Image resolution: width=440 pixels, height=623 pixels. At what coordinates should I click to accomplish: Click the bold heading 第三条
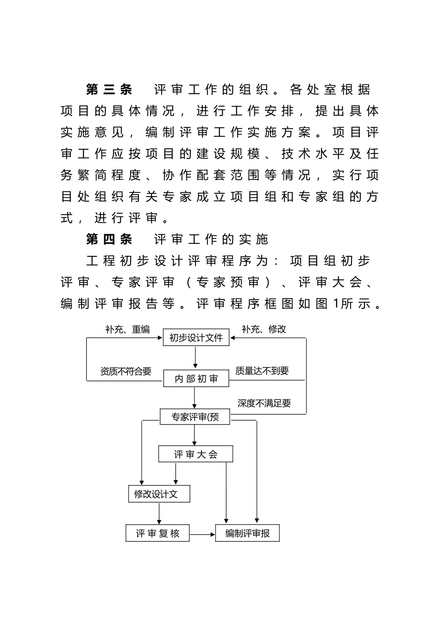(x=109, y=89)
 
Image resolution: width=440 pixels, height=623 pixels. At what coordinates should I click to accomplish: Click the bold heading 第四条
(x=109, y=239)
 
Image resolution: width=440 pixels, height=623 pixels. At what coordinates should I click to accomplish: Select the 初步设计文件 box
(x=196, y=337)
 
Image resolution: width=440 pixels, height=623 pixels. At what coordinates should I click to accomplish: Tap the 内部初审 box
(x=196, y=379)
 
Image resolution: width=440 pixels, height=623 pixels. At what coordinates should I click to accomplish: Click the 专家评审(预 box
(x=195, y=417)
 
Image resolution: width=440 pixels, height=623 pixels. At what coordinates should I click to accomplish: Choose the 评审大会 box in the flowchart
(x=195, y=454)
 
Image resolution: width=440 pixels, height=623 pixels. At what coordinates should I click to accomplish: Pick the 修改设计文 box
(x=159, y=494)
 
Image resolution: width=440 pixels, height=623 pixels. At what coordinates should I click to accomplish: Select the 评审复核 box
(x=157, y=533)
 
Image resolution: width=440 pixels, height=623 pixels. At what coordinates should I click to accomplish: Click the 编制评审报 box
(x=247, y=533)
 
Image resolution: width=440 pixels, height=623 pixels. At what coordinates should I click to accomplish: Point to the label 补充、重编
(x=127, y=330)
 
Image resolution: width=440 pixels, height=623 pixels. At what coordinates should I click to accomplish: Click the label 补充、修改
(x=264, y=329)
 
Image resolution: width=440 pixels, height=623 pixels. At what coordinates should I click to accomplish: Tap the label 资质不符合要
(x=126, y=371)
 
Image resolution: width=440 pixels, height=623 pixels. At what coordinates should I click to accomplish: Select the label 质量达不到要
(x=262, y=371)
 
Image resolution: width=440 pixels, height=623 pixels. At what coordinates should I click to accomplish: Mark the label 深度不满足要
(x=264, y=403)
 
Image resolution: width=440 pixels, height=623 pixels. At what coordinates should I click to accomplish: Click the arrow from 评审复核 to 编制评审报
(x=202, y=534)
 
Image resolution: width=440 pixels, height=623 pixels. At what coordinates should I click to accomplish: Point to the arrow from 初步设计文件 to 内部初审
(x=196, y=357)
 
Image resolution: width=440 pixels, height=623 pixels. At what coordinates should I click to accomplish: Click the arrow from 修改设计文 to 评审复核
(x=159, y=514)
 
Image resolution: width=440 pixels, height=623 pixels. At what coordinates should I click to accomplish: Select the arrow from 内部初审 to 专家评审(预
(x=195, y=398)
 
